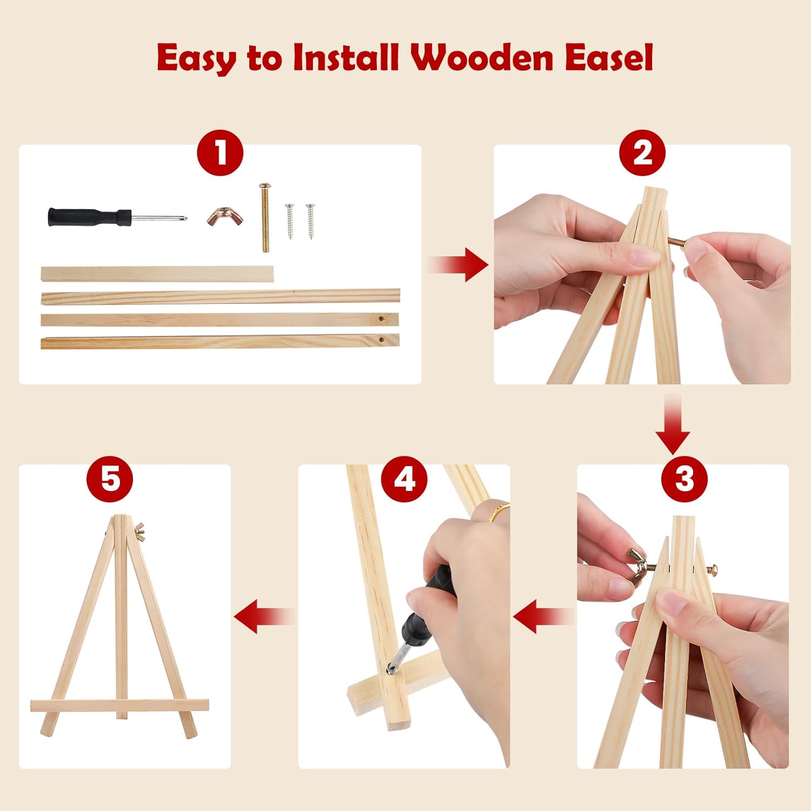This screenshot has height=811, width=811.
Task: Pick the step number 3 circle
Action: [684, 478]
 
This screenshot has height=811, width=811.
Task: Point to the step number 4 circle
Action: [404, 478]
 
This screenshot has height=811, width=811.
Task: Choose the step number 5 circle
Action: [110, 478]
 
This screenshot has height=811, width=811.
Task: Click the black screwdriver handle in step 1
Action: [89, 217]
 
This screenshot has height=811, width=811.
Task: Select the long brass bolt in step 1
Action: [265, 217]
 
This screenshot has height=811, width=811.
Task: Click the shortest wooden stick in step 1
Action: [157, 274]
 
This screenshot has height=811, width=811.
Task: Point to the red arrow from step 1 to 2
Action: [458, 265]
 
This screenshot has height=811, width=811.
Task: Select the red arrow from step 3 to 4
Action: [543, 616]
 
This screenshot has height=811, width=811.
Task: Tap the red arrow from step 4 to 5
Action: [264, 616]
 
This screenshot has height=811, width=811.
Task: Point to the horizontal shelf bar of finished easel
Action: [119, 706]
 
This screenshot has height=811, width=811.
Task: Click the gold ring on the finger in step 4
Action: [500, 511]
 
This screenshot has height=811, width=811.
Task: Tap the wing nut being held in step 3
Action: [639, 566]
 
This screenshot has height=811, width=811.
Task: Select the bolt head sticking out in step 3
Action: [713, 568]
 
